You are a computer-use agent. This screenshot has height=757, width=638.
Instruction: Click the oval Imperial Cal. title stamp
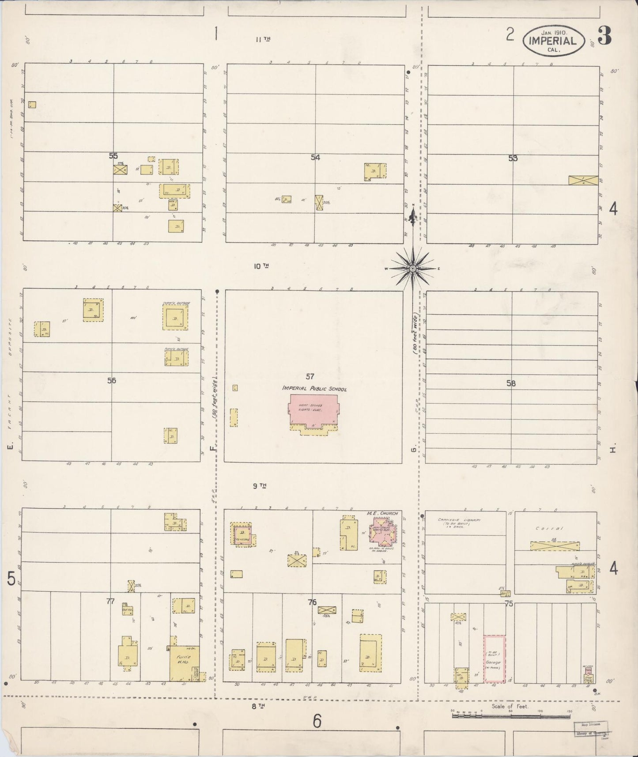(x=553, y=41)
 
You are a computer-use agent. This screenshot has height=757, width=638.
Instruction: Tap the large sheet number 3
(x=604, y=37)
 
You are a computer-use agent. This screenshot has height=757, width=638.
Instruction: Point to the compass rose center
(x=412, y=268)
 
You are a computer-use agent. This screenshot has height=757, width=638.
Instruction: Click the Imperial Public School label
(x=314, y=389)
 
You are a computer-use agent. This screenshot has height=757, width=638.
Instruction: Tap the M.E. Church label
(x=382, y=513)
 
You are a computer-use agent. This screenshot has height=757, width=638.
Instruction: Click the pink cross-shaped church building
(x=382, y=530)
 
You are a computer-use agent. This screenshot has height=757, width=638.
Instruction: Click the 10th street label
(x=261, y=266)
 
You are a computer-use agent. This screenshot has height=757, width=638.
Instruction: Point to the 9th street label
(x=260, y=486)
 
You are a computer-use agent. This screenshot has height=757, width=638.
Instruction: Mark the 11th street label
(x=263, y=39)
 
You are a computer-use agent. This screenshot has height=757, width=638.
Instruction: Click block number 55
(x=113, y=155)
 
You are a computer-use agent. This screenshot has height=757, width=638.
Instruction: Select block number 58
(x=511, y=383)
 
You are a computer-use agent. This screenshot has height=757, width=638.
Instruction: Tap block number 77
(x=110, y=601)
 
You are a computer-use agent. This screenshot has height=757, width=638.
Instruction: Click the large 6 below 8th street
(x=317, y=722)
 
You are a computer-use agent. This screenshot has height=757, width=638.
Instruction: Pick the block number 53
(x=513, y=158)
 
